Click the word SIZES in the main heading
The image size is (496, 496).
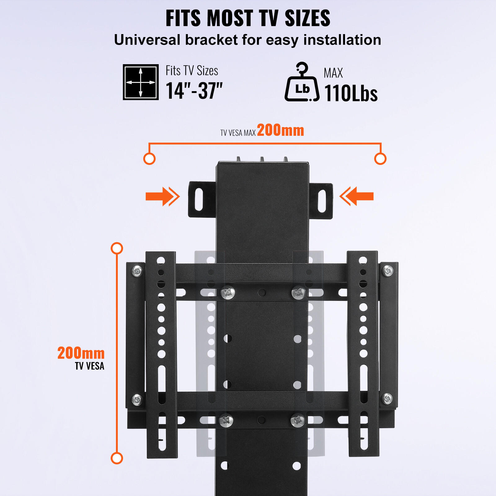point(307,18)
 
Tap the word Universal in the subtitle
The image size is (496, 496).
point(147,40)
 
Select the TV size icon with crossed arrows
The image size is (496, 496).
point(141,82)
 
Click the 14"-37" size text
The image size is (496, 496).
point(194,91)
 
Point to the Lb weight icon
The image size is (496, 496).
point(302,82)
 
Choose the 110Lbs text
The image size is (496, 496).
point(351,93)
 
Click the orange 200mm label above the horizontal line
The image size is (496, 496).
point(281,130)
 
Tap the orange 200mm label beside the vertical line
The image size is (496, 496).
point(81,353)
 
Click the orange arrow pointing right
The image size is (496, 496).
point(163,196)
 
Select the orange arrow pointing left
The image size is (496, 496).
point(356,196)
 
